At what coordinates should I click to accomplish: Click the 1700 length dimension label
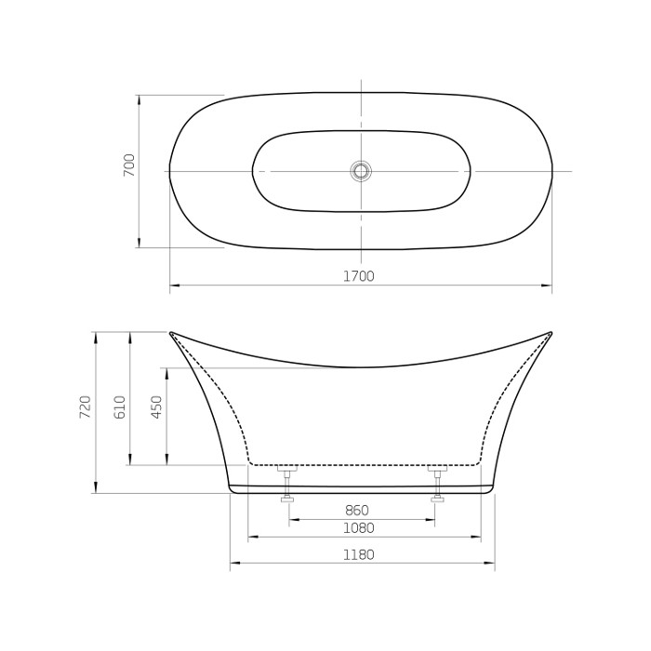(358, 275)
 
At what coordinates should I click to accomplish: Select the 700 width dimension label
(129, 165)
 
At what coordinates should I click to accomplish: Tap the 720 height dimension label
(85, 406)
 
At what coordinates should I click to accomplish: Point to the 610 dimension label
(119, 406)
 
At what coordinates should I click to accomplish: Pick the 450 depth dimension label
(156, 406)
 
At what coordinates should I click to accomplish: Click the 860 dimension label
(356, 511)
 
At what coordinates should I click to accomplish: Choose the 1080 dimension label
(358, 528)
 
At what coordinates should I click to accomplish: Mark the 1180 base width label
(358, 554)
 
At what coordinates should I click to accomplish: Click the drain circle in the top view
(361, 171)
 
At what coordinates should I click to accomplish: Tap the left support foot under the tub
(287, 485)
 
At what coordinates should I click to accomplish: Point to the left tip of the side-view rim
(171, 332)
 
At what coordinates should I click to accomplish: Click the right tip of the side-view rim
(551, 332)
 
